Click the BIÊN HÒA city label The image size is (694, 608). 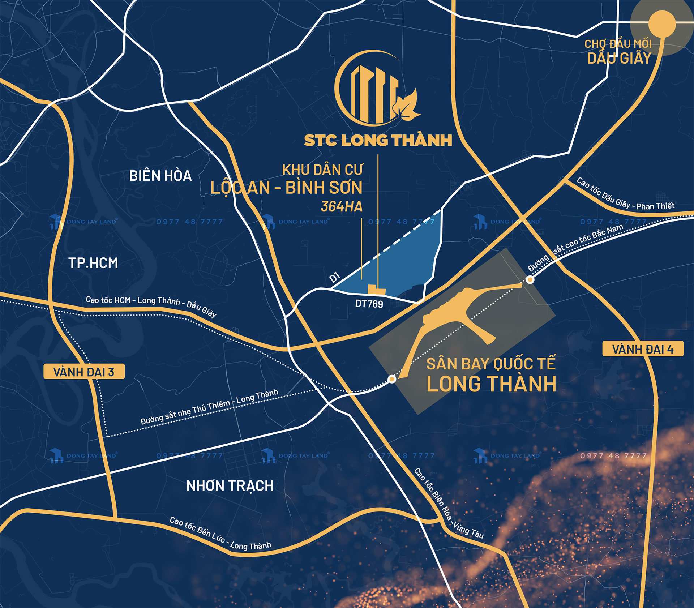click(x=160, y=176)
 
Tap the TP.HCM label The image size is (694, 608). click(x=93, y=263)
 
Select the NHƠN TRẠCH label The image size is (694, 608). click(x=230, y=486)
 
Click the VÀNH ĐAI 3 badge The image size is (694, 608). click(x=84, y=372)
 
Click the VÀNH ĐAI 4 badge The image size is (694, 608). click(x=643, y=349)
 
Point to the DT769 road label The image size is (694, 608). click(x=369, y=304)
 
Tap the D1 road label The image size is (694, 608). click(x=335, y=277)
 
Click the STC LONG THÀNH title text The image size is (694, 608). click(x=378, y=141)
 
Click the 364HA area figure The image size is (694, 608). click(x=342, y=206)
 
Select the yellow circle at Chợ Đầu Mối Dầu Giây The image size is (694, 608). click(x=662, y=24)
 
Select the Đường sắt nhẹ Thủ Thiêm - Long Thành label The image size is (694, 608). click(x=209, y=407)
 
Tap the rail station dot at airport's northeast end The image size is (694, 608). click(x=530, y=279)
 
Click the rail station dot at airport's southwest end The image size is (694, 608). click(x=392, y=379)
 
